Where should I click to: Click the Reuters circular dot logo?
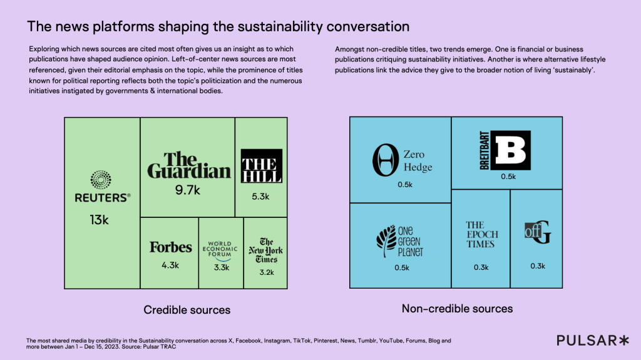coord(101,180)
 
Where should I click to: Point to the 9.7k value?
coord(188,190)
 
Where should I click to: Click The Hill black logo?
coord(262,166)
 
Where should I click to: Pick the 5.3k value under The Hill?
coord(260,197)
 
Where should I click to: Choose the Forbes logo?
coord(170,247)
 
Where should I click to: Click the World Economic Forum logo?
coord(220,249)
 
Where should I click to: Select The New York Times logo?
coord(265,250)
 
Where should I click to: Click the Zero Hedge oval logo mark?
coord(384,160)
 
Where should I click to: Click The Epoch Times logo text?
coord(482,234)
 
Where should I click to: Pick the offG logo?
coord(538,233)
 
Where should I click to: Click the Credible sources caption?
coord(187,310)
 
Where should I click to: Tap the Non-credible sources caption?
coord(457,309)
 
